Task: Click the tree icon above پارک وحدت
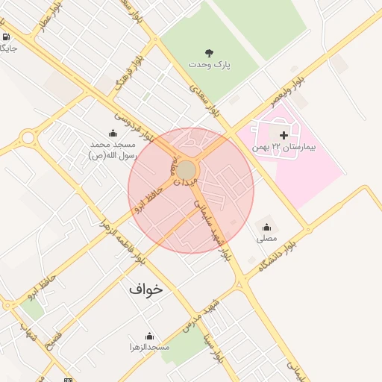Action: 209,52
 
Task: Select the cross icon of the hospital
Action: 283,135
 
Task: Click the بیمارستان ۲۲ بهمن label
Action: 284,147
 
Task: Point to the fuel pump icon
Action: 6,37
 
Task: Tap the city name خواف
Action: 145,288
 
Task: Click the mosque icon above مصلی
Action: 266,226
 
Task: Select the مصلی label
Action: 266,239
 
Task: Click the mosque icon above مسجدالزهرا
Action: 149,336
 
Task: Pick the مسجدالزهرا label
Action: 149,348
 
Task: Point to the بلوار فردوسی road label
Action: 134,128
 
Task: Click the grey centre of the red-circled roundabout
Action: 186,170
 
